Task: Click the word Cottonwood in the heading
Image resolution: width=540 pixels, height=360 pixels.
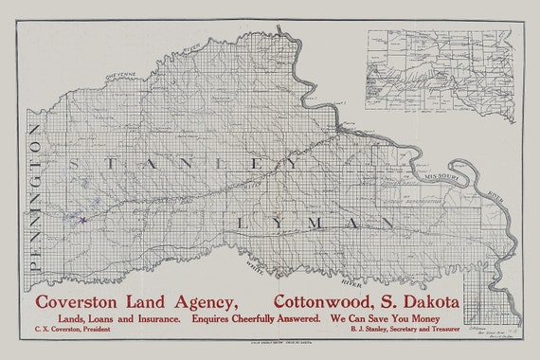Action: (331, 301)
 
